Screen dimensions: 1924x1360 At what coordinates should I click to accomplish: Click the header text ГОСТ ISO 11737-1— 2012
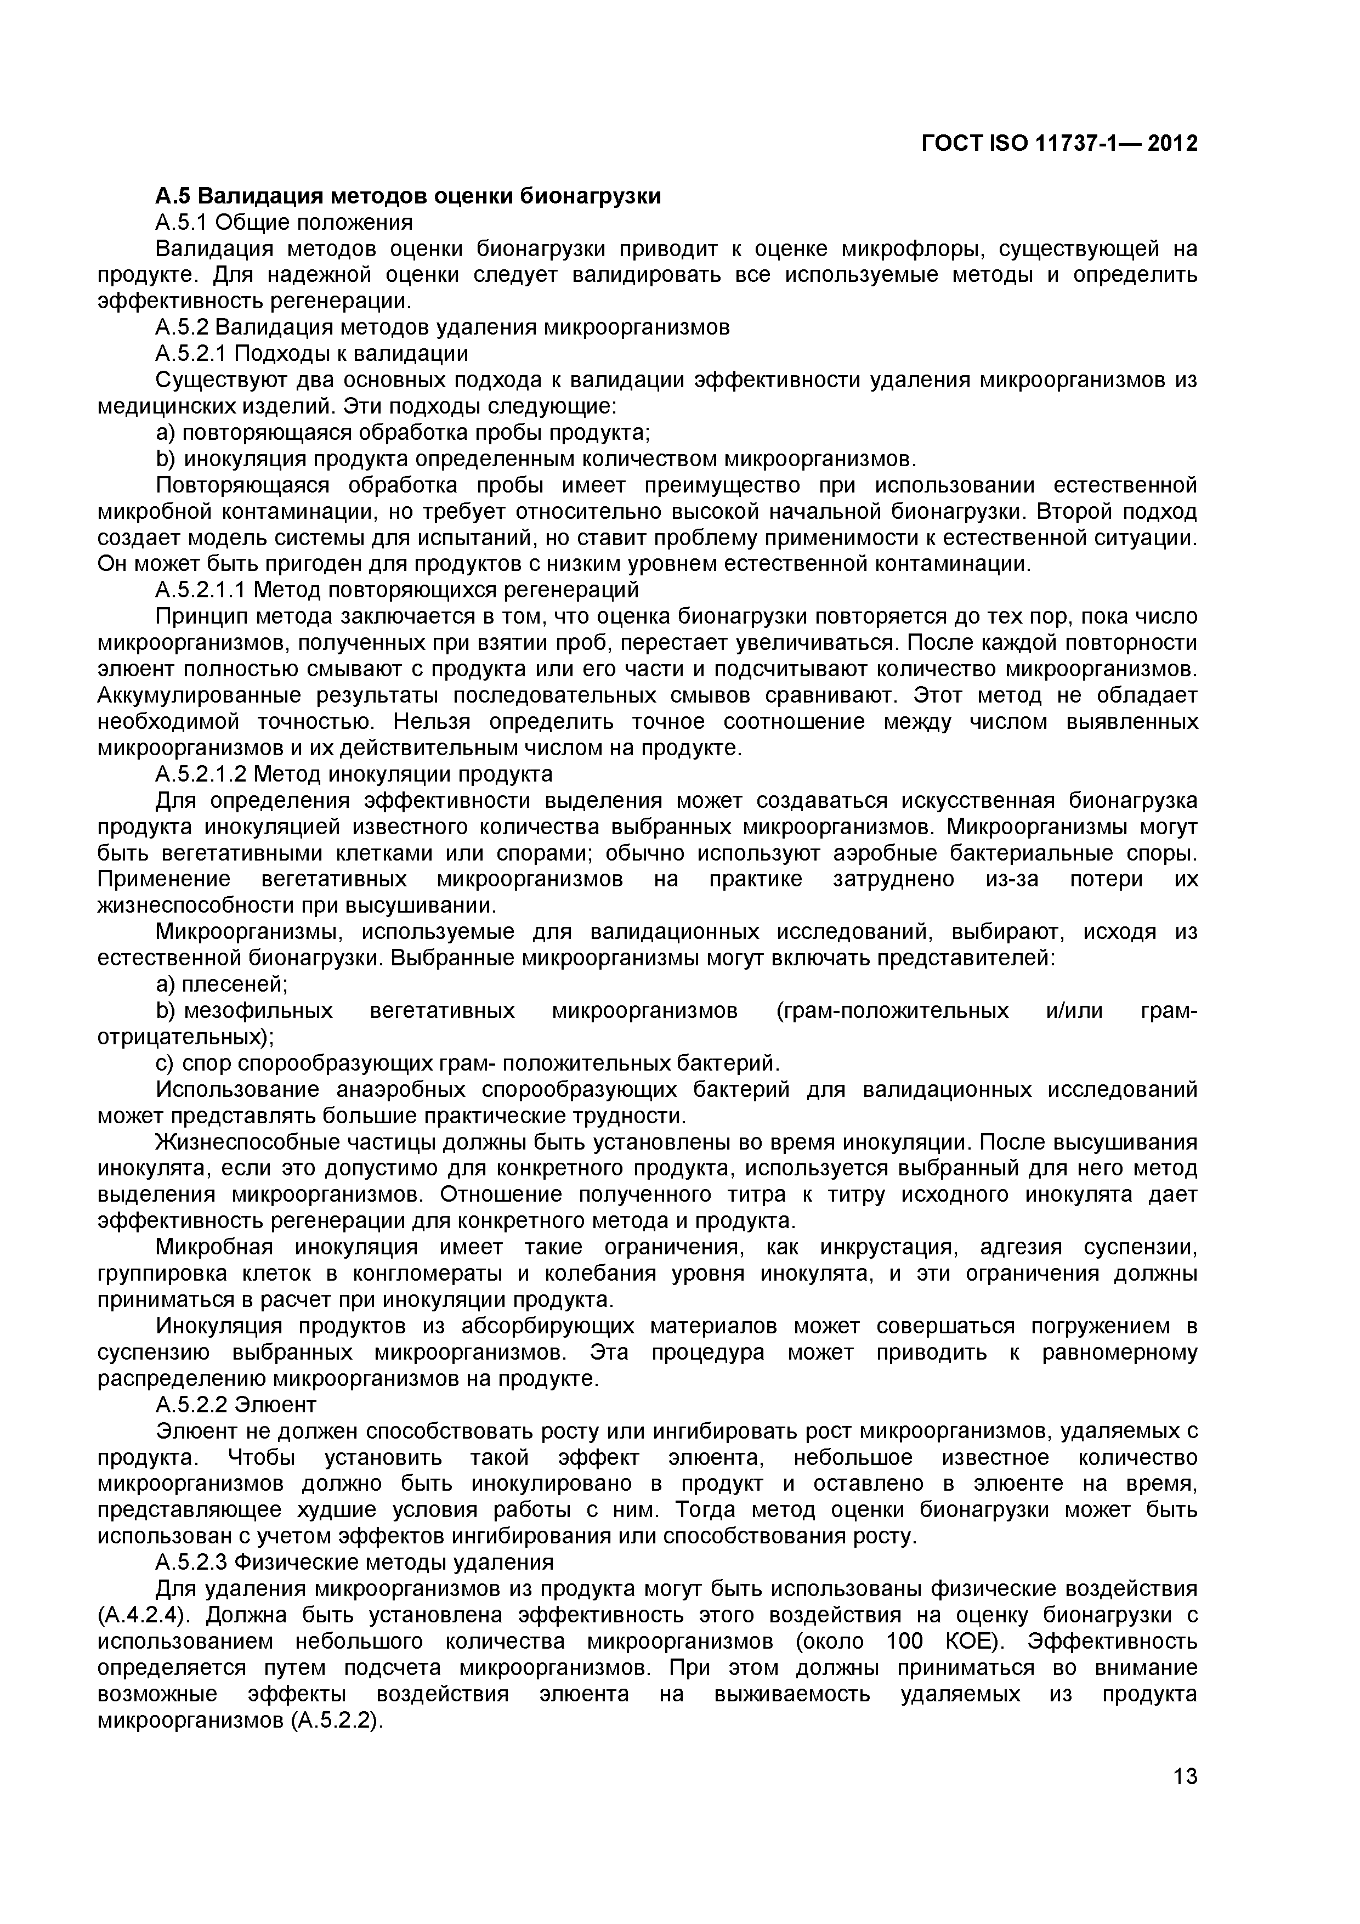pos(1058,144)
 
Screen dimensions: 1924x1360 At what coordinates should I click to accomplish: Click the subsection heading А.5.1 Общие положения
pos(284,222)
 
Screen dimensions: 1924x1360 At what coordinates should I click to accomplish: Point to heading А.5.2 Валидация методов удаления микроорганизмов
pos(443,327)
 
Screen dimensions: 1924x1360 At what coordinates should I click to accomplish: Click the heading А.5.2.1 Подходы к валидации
pos(311,354)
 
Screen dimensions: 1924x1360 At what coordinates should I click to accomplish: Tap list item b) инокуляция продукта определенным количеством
pos(536,459)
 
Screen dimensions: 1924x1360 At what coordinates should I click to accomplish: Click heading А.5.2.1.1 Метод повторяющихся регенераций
pos(396,590)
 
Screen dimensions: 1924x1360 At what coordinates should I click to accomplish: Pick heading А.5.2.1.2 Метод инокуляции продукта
pos(354,773)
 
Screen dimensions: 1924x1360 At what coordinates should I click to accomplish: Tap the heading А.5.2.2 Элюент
pos(236,1405)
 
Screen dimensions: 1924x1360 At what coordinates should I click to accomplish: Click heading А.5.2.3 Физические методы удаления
pos(354,1563)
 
